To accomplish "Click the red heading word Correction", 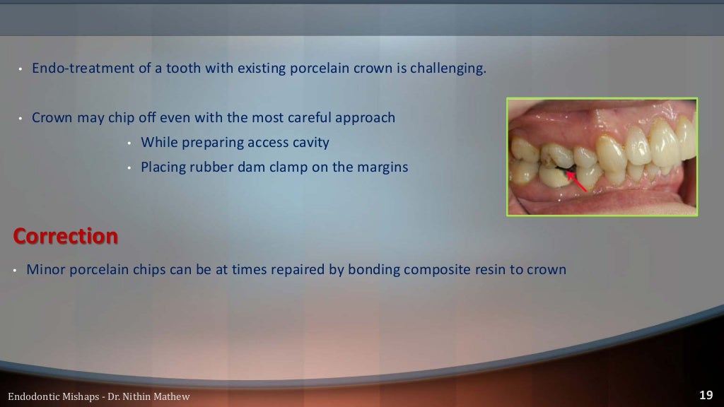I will pyautogui.click(x=65, y=236).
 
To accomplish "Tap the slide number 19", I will pyautogui.click(x=706, y=395).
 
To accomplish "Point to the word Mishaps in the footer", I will pyautogui.click(x=78, y=396).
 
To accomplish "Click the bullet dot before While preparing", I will pyautogui.click(x=130, y=143).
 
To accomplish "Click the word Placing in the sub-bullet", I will pyautogui.click(x=163, y=167).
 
